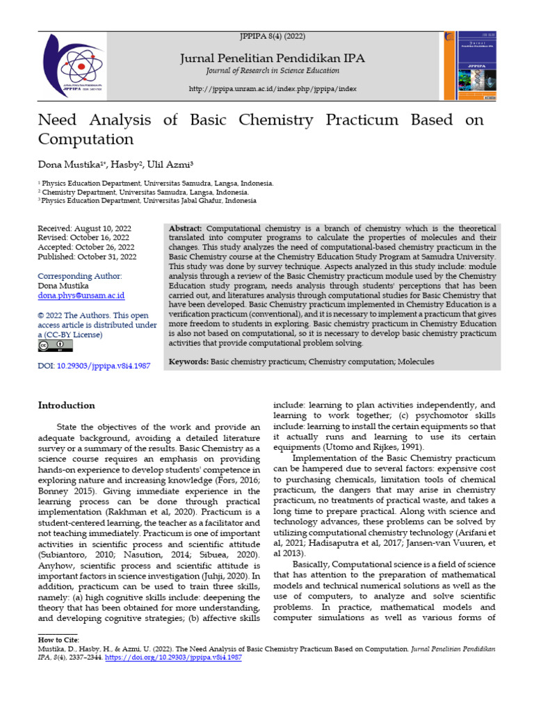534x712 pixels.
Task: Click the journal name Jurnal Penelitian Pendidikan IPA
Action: [273, 58]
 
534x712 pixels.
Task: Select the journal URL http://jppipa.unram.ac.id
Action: [273, 89]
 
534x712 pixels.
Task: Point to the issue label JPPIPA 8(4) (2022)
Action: [273, 36]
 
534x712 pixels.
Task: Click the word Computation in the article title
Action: [85, 138]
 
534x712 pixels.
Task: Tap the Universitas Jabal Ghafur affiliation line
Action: [147, 201]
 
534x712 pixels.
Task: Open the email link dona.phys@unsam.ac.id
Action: [81, 296]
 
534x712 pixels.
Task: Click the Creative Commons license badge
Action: [54, 346]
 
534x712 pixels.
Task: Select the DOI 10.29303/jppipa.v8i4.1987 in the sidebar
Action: [94, 365]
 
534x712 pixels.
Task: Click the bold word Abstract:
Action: [185, 229]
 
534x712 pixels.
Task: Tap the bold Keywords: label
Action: [188, 362]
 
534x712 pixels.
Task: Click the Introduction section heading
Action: [66, 405]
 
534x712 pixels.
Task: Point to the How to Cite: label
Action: [59, 639]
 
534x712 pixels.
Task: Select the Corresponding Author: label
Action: [79, 276]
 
